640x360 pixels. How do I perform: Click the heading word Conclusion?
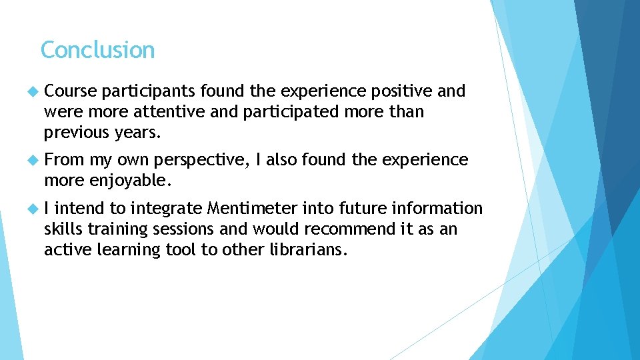tap(97, 50)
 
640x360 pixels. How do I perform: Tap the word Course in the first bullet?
tap(70, 91)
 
